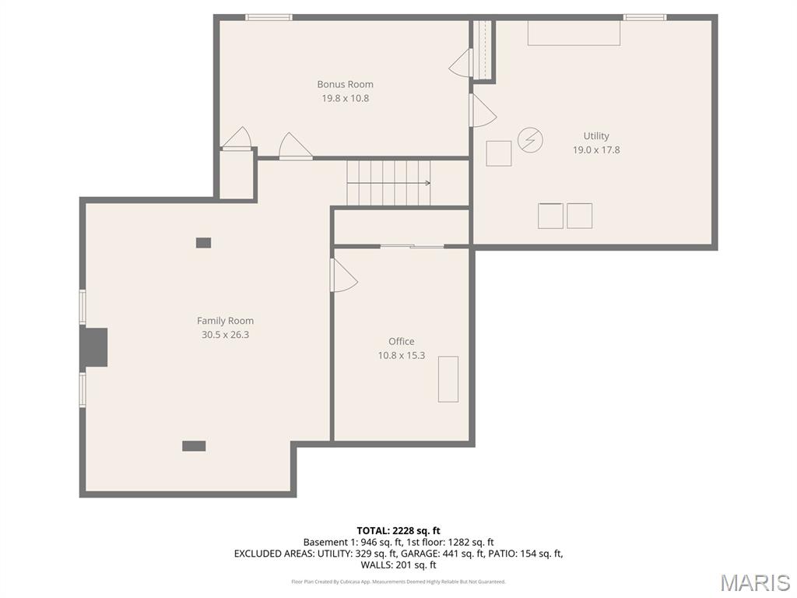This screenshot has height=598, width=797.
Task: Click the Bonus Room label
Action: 345,84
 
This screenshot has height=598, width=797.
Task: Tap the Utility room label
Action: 595,135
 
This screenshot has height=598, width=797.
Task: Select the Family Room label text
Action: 225,321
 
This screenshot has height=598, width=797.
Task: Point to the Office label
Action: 401,341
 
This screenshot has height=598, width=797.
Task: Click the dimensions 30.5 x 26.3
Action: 225,335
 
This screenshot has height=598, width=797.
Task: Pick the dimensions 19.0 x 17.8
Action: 595,150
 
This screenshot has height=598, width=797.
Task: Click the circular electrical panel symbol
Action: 530,139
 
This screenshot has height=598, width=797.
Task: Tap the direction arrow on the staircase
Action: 389,183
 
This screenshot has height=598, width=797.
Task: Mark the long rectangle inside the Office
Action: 448,379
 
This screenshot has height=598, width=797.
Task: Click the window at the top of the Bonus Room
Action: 269,17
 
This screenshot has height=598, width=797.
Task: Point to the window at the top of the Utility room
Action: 644,17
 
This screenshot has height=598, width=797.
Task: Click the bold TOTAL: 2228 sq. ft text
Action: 398,531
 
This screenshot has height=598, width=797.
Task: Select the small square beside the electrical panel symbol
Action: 499,153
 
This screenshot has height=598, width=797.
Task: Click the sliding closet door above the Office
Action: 413,247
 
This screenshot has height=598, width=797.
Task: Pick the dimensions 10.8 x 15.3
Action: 401,355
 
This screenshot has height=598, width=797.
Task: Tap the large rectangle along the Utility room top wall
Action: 574,33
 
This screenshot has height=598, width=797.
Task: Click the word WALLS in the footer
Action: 377,565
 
